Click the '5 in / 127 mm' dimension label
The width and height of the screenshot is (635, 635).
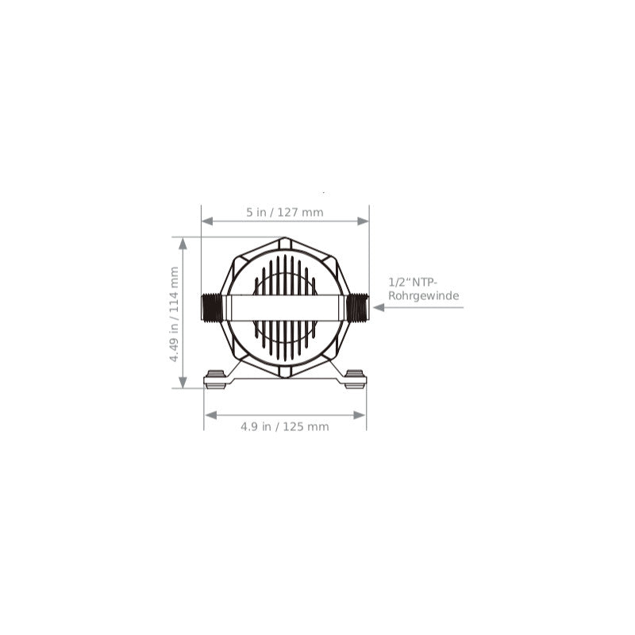(x=285, y=212)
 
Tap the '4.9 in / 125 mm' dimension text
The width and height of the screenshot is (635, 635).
(x=285, y=426)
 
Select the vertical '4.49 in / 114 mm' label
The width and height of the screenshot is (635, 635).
(x=174, y=314)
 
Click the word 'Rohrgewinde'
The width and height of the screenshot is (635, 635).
(x=424, y=295)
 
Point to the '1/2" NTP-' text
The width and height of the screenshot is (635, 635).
(x=414, y=282)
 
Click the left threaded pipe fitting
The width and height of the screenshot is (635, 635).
(x=211, y=308)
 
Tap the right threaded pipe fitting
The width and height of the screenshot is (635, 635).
(x=358, y=308)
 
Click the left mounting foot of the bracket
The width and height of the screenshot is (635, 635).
(x=214, y=379)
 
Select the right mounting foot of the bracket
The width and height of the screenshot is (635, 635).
(x=355, y=379)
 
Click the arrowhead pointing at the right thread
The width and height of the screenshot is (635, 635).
(x=379, y=307)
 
